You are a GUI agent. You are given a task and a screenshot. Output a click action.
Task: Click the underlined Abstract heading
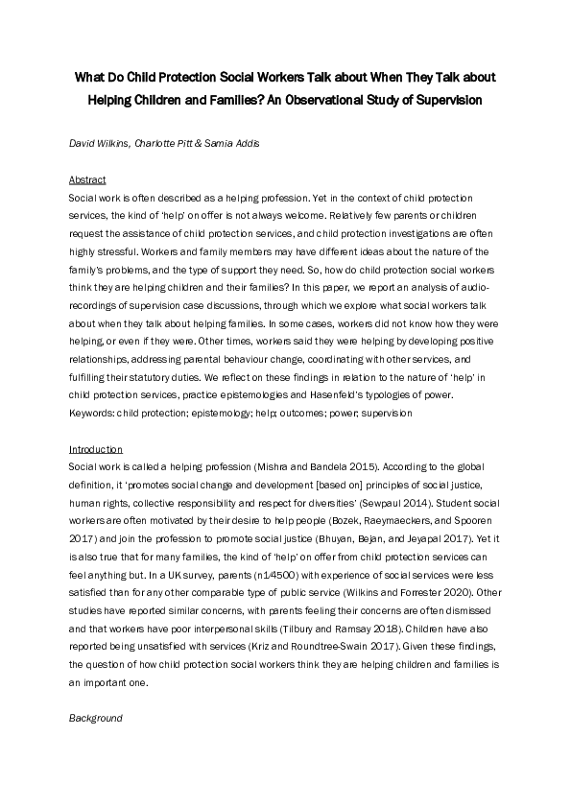pyautogui.click(x=86, y=179)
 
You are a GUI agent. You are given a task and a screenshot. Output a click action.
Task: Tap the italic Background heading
pyautogui.click(x=95, y=718)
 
